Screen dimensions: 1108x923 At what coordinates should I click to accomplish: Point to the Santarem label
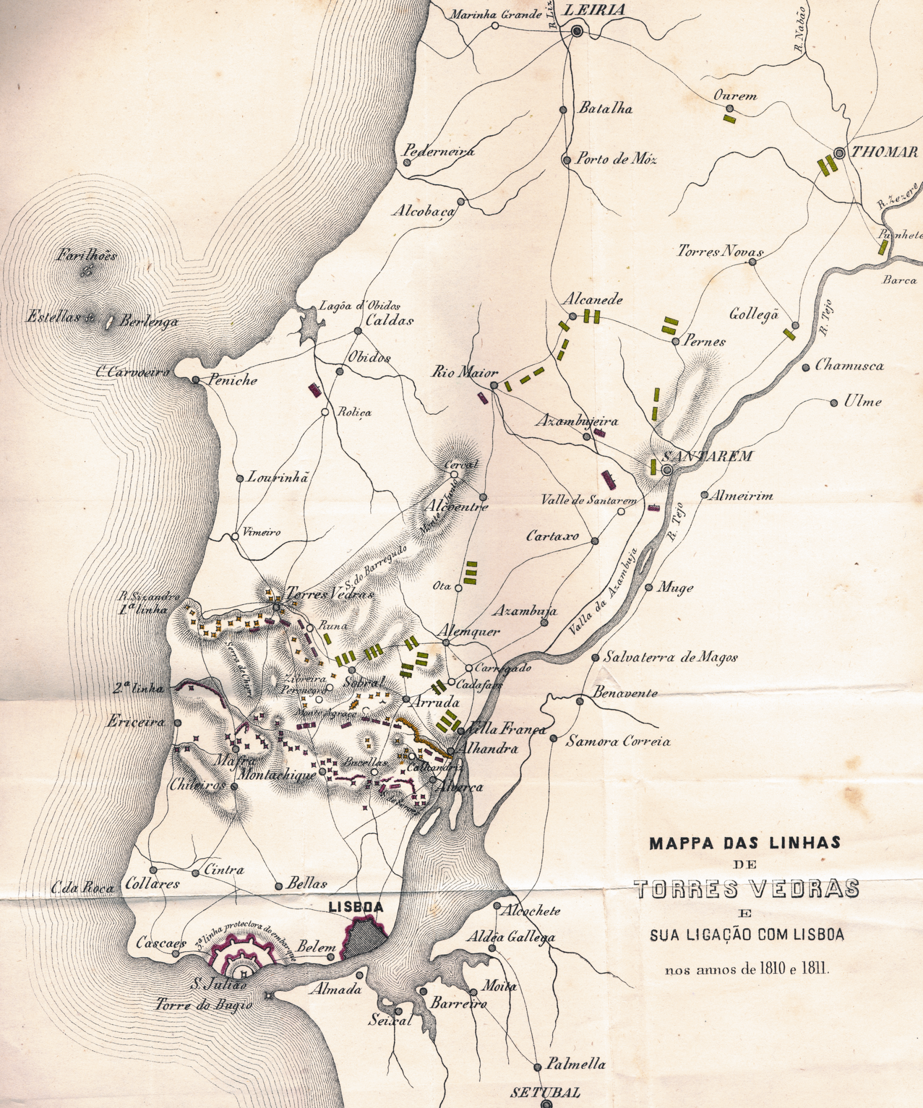pos(707,456)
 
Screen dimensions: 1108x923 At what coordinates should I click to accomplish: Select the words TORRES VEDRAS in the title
pos(746,889)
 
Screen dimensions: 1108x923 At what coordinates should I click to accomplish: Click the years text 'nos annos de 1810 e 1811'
pos(747,969)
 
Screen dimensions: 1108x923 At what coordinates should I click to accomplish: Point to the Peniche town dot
pos(196,380)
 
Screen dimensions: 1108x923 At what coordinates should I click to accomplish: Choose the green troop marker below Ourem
pos(729,119)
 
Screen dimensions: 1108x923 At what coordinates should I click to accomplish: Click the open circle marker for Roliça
pos(325,412)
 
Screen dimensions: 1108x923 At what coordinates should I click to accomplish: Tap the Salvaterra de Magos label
pos(670,657)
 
